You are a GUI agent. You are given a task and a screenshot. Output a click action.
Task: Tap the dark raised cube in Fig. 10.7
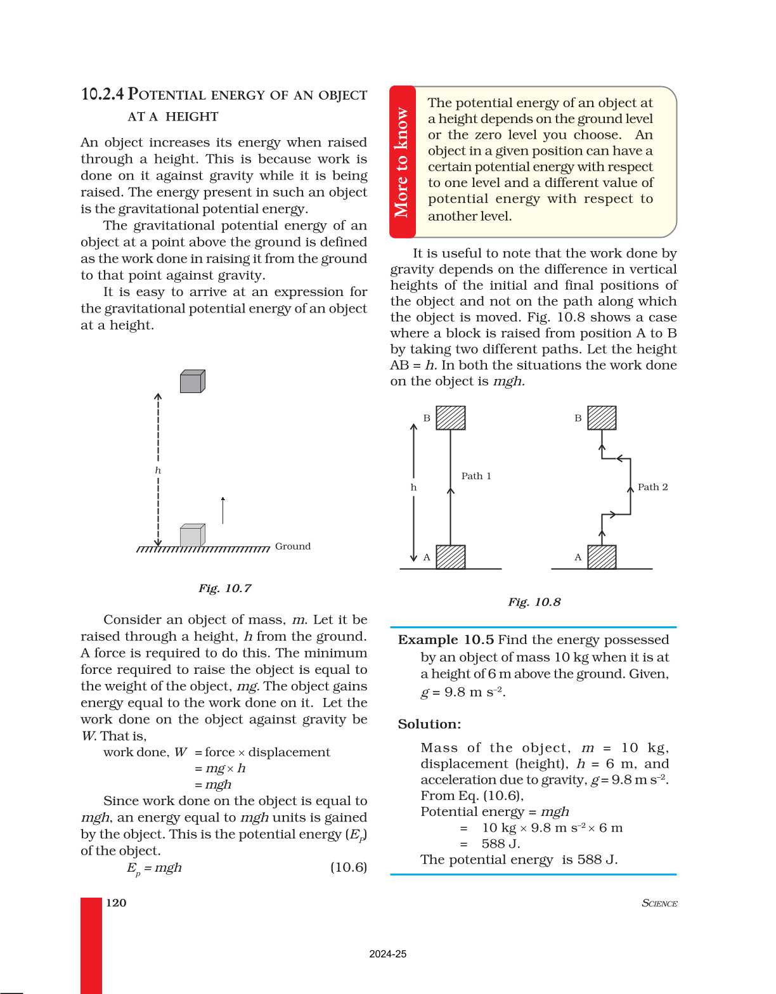[x=192, y=382]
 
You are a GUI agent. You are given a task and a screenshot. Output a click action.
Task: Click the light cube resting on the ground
[x=192, y=536]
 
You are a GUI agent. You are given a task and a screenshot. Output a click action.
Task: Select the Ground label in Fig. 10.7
[x=292, y=546]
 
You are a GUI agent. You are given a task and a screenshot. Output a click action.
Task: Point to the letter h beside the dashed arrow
[x=158, y=470]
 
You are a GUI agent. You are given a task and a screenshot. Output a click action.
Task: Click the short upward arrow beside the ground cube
[x=223, y=510]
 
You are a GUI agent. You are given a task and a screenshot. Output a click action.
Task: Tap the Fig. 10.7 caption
[x=224, y=588]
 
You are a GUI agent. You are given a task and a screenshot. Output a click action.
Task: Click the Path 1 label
[x=476, y=476]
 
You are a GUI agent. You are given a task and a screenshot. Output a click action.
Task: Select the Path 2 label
[x=652, y=487]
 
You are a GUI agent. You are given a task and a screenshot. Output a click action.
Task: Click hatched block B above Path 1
[x=451, y=418]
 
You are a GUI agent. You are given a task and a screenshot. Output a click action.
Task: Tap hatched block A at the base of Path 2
[x=602, y=557]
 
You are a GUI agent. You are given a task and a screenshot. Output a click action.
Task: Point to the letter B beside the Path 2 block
[x=578, y=418]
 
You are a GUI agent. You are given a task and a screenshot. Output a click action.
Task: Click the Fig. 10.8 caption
[x=534, y=602]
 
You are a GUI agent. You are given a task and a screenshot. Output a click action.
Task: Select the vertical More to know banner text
[x=402, y=163]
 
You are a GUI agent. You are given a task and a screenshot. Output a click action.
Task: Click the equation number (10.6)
[x=348, y=867]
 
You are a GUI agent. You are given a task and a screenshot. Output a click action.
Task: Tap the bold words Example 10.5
[x=446, y=640]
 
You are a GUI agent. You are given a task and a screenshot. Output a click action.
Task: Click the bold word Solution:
[x=429, y=724]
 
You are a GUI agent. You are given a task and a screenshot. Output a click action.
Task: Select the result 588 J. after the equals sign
[x=500, y=844]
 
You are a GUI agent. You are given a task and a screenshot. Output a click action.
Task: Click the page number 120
[x=116, y=903]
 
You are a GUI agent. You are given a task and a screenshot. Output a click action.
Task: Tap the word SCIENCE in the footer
[x=659, y=903]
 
